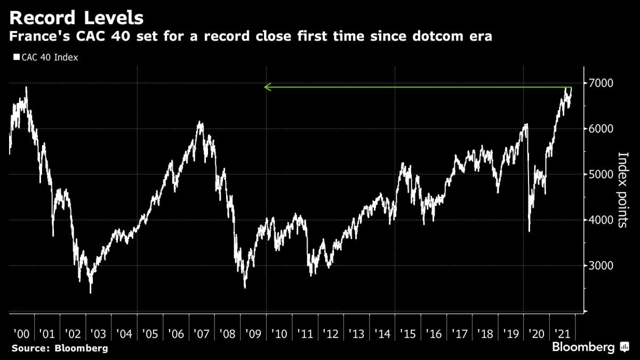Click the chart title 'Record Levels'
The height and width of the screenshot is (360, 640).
(x=77, y=18)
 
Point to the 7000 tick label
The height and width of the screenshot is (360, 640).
(x=599, y=83)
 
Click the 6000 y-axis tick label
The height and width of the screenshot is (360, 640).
(x=599, y=129)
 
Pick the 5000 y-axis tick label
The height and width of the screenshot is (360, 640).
(x=599, y=174)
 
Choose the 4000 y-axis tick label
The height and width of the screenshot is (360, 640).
(x=599, y=220)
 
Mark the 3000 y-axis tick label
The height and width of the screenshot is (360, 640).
(x=599, y=266)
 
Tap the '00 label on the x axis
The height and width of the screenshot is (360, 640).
(x=21, y=334)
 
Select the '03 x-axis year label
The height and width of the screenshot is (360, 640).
(x=98, y=334)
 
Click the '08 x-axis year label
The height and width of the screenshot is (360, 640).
(x=227, y=334)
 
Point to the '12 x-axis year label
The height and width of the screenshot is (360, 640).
(x=330, y=334)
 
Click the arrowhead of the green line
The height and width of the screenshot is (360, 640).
(x=267, y=86)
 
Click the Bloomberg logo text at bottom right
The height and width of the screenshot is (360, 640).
(x=583, y=347)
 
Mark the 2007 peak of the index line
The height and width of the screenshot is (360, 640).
(x=199, y=122)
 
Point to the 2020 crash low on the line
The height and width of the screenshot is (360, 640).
(x=529, y=231)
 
